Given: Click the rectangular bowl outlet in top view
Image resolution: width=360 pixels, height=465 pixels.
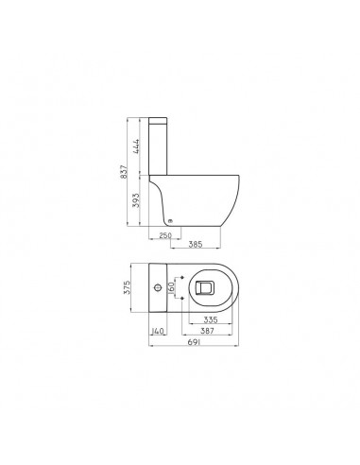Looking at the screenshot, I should [x=207, y=285].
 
